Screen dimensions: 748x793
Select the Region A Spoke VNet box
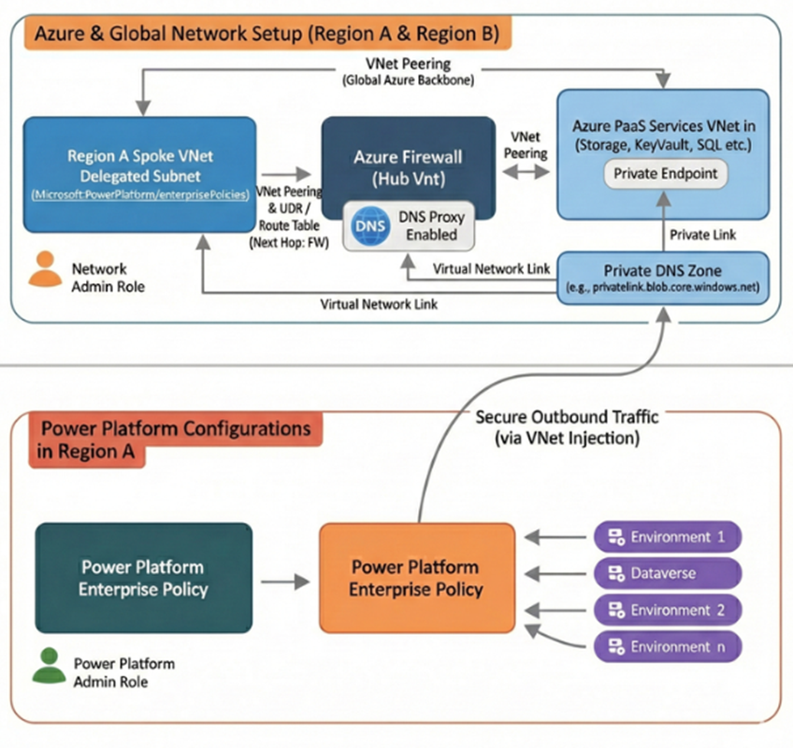(x=140, y=173)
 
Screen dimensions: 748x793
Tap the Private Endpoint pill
(x=664, y=173)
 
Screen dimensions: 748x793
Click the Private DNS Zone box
(x=664, y=277)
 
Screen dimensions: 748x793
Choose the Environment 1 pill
(x=668, y=537)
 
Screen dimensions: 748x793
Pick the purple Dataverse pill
(x=668, y=573)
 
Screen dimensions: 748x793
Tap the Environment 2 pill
(x=668, y=610)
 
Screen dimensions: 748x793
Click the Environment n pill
(x=668, y=646)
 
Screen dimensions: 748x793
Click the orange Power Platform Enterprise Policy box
(x=416, y=578)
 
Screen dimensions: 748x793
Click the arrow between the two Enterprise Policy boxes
(x=284, y=581)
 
